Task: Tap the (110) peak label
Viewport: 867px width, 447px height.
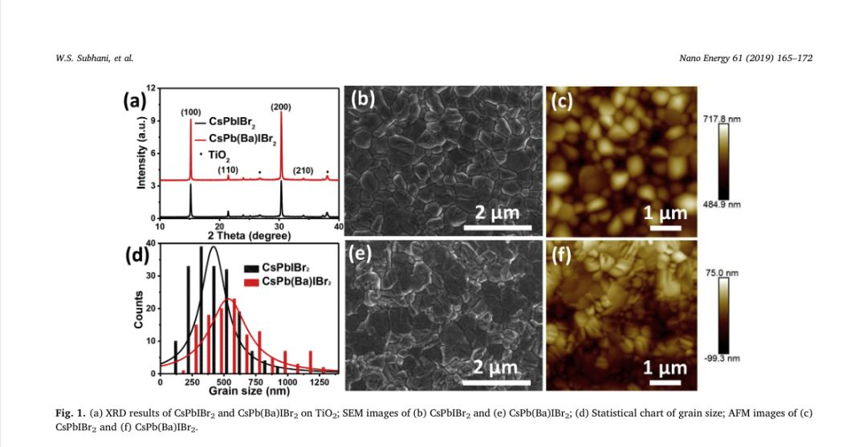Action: click(x=229, y=169)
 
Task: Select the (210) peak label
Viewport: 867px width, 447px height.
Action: click(x=303, y=170)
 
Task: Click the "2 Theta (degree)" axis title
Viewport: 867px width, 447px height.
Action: click(x=244, y=236)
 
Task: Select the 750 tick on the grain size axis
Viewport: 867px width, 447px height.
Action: click(x=255, y=382)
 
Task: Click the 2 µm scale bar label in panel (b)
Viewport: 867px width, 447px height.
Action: click(x=498, y=213)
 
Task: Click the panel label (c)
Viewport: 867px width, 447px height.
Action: click(x=562, y=101)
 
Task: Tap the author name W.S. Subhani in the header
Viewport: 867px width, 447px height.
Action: click(x=83, y=58)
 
